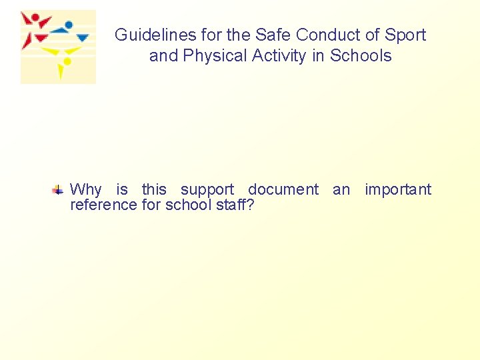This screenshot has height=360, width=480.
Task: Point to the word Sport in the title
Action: tap(404, 35)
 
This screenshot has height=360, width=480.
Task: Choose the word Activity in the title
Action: tap(279, 56)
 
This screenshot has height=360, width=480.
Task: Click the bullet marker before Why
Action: tap(59, 190)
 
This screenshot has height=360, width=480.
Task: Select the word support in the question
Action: tap(207, 190)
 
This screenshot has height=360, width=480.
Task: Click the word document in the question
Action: tap(283, 190)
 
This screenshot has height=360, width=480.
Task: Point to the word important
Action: tap(398, 190)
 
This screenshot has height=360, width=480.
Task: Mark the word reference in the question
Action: tap(104, 205)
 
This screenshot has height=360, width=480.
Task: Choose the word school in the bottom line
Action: tap(187, 205)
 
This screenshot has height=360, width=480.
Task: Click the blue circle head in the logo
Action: tap(69, 24)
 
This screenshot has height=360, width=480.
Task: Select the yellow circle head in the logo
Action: tap(67, 62)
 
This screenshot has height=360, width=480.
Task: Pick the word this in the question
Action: tap(154, 190)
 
